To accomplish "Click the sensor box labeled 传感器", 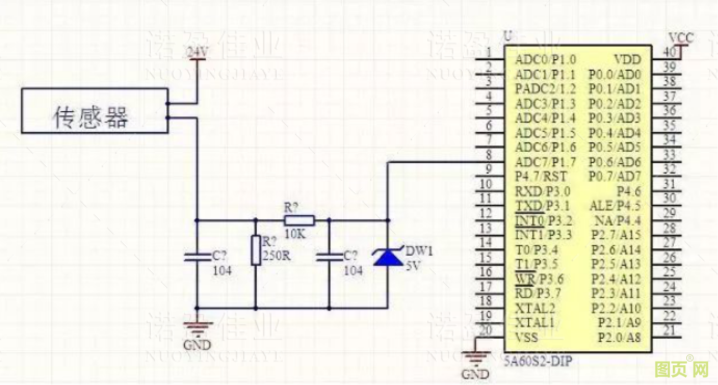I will point(94,111).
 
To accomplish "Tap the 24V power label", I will point(198,52).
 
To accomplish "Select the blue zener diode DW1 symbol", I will point(388,257).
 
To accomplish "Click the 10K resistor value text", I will point(295,234).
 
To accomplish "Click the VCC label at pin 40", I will point(681,38).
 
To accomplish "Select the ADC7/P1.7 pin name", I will point(545,162).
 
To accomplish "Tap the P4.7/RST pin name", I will point(541,176).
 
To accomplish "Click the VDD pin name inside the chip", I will point(628,59).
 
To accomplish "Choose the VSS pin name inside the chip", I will point(526,338).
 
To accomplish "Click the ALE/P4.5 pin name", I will point(615,206).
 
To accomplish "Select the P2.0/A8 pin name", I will point(619,338).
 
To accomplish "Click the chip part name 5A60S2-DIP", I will point(537,361).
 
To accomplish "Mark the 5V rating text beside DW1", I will point(413,264).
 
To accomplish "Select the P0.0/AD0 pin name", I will point(615,74).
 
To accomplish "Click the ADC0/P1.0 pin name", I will point(545,59).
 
